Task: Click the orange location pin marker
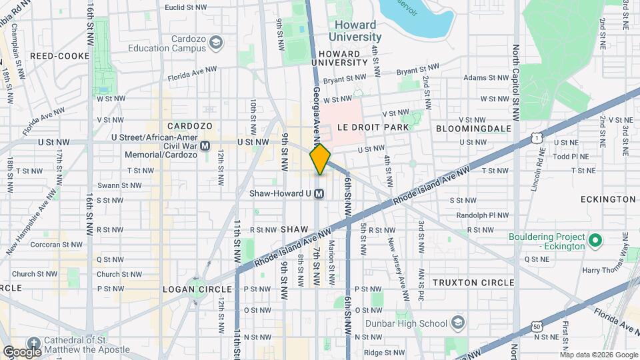(x=320, y=159)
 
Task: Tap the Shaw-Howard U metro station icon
(x=319, y=194)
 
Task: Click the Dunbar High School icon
(x=458, y=323)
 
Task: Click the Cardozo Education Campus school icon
(x=215, y=43)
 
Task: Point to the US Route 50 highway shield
(x=537, y=325)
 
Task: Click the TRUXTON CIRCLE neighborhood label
(x=473, y=282)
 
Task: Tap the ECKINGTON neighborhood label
(x=608, y=199)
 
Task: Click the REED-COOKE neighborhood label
(x=60, y=56)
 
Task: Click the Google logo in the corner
(x=22, y=351)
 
